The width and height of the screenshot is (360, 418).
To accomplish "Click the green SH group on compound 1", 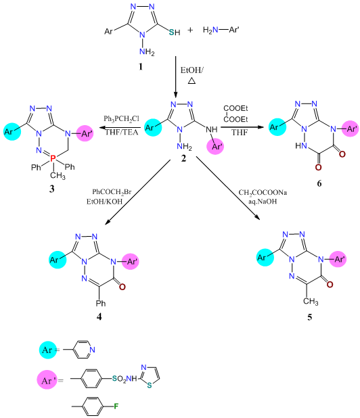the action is [175, 32].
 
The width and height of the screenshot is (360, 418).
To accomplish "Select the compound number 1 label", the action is [141, 66].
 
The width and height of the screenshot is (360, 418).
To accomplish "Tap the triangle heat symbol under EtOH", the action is [192, 80].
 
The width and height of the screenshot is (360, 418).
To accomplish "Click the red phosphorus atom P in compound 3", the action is [53, 159].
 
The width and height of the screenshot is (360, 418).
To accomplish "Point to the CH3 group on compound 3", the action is [58, 175].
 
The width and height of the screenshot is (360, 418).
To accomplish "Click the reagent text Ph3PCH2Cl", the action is [121, 119].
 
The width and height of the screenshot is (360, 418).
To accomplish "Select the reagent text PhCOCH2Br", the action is [112, 192].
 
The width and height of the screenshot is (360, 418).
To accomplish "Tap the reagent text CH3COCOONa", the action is [263, 193].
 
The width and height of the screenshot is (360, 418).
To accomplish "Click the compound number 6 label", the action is [319, 183].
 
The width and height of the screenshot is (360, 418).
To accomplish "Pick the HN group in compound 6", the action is [301, 145].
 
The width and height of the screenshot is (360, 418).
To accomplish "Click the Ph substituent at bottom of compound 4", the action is [101, 303].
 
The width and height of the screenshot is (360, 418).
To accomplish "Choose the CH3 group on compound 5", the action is [311, 302].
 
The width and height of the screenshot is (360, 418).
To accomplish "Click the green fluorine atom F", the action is [116, 407].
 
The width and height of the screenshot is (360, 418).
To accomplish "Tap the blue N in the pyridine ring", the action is [92, 350].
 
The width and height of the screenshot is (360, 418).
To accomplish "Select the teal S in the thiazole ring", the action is [150, 386].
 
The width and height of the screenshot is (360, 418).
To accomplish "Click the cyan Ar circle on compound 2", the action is [153, 127].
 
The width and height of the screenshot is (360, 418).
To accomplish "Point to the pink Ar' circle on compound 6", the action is [350, 129].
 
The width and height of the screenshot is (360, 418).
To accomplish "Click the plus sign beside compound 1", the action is [190, 30].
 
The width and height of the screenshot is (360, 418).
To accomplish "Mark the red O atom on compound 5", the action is [330, 285].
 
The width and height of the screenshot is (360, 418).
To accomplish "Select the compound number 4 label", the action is [99, 317].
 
